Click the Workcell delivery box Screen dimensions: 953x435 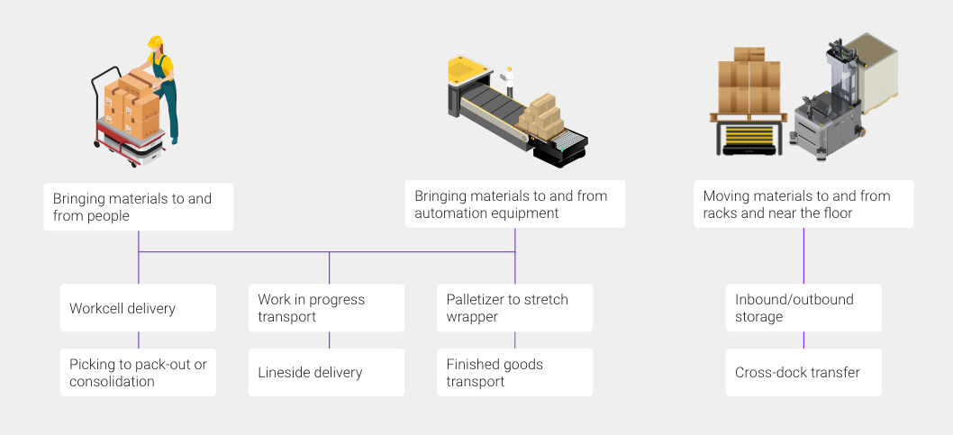point(138,308)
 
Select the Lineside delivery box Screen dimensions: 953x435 point(326,373)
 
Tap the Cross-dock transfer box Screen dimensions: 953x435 point(803,373)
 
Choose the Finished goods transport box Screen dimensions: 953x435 point(515,373)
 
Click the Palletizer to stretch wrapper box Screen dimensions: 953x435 point(515,308)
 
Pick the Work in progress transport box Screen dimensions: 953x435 point(326,308)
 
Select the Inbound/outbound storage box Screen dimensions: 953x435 point(803,308)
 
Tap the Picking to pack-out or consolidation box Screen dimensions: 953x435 point(138,373)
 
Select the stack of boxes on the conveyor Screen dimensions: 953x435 point(540,117)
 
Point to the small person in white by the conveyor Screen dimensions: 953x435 point(509,81)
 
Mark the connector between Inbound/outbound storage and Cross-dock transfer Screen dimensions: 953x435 point(803,340)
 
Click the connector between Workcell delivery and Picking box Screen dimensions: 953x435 point(139,340)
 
